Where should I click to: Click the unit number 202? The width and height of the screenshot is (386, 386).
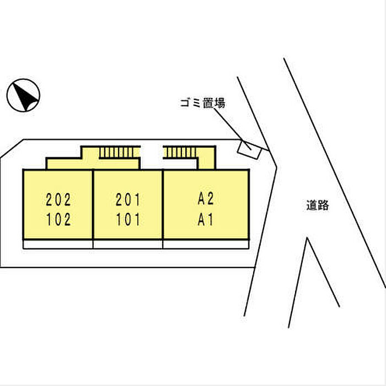pos(58,200)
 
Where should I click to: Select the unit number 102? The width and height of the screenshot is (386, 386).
pos(58,219)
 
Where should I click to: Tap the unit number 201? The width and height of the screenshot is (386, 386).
pos(128,200)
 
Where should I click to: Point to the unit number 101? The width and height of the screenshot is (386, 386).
pos(128,219)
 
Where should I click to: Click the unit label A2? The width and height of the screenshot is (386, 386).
pos(206,199)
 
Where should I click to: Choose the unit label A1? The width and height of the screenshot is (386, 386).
pos(205,219)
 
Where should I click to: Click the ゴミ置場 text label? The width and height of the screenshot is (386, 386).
pos(202,103)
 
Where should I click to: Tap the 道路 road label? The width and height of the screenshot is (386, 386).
pos(318,205)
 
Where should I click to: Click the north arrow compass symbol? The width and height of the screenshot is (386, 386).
pos(23,95)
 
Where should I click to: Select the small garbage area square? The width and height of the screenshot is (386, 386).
pos(249,149)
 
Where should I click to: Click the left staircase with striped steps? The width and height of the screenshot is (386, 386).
pos(120,152)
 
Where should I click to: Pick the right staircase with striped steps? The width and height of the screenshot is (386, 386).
pos(179,152)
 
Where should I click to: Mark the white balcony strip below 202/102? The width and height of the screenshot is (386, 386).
pos(58,244)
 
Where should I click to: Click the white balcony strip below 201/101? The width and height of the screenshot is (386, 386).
pos(128,244)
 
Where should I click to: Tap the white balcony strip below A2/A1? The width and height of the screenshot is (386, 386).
pos(206,244)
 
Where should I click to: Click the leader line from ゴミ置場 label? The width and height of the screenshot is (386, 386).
pos(232,128)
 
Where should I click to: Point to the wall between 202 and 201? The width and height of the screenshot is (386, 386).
pos(93,205)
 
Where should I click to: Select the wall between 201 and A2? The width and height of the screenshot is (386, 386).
pos(163,205)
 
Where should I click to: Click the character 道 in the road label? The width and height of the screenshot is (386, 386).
pos(312,205)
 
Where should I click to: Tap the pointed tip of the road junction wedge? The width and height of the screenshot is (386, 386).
pos(307,238)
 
